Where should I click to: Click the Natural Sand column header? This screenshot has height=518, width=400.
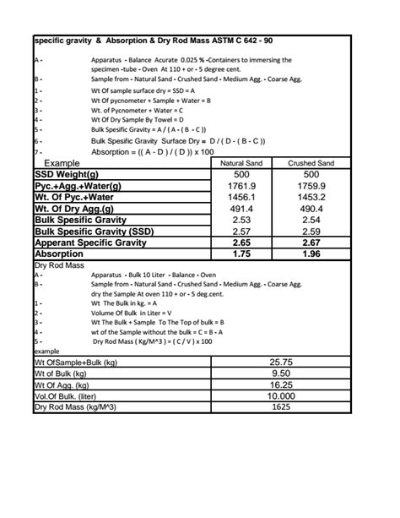(243, 163)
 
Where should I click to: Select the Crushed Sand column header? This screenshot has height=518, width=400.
(311, 163)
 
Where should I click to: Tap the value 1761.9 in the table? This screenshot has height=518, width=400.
(243, 185)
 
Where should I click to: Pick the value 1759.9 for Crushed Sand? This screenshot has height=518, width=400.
(311, 185)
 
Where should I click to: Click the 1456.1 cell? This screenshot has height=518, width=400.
(243, 197)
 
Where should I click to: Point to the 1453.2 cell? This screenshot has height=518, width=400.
(311, 197)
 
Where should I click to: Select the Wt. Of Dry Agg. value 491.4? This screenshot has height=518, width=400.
(243, 208)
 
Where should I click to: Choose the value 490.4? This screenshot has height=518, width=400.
(311, 208)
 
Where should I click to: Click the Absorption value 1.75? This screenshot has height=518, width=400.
(243, 254)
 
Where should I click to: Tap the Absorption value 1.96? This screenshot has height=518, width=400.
(311, 254)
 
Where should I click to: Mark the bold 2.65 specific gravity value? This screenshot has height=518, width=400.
(243, 243)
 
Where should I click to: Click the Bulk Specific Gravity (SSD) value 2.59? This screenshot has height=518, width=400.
(311, 231)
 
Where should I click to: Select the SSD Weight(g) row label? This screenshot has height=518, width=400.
(67, 174)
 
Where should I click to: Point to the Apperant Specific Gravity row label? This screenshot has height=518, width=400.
(90, 243)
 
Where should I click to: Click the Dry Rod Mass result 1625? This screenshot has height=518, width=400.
(281, 406)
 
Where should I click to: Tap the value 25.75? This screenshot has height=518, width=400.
(281, 362)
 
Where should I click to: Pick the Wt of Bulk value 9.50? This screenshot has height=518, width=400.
(281, 373)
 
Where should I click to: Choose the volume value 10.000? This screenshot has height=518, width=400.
(281, 395)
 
